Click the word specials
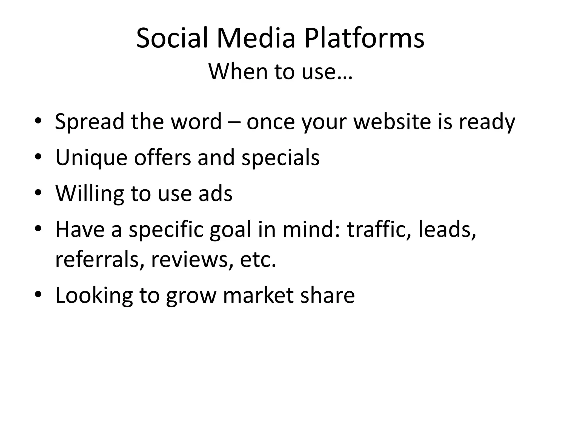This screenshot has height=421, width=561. click(x=280, y=158)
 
